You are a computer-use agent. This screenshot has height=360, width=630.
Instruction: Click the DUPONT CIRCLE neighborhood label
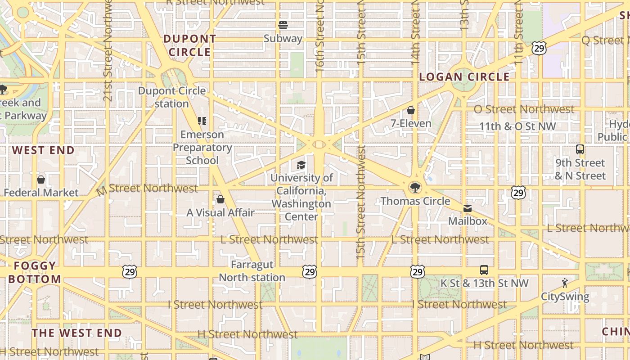189,45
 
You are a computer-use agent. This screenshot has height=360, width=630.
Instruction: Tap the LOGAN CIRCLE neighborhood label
464,77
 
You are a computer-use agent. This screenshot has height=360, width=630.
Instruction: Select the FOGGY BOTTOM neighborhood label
35,272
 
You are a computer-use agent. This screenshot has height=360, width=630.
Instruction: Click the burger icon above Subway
283,25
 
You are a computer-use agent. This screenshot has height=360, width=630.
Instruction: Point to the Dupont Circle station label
172,97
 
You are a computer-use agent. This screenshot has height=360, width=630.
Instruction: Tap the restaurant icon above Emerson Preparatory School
202,121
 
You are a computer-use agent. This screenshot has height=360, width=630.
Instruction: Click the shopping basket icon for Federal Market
41,180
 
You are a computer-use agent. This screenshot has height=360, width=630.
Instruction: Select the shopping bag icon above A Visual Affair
220,199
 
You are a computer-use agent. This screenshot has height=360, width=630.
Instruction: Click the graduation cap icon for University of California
301,165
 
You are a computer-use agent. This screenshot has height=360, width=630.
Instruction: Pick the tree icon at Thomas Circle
414,188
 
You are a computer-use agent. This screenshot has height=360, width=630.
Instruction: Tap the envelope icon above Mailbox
468,208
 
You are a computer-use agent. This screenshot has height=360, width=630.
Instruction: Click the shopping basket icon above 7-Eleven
410,110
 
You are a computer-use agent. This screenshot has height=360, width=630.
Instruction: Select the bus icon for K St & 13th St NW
484,270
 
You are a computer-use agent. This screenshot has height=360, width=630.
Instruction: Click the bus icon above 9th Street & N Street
580,149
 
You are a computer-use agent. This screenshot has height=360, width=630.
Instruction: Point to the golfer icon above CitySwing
565,283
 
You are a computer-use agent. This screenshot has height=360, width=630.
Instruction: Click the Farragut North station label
252,271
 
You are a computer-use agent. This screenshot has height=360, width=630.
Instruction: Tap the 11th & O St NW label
517,126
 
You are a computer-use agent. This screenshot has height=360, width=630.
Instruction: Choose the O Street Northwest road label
524,109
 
